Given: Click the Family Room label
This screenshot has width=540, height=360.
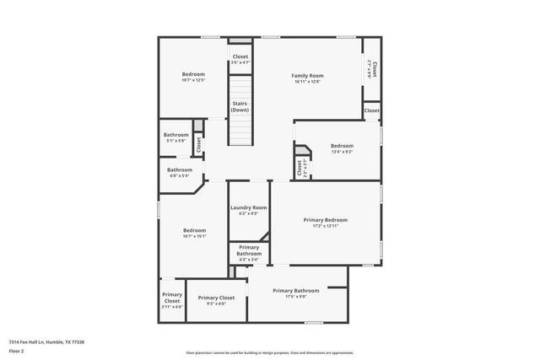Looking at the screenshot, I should tap(308, 75).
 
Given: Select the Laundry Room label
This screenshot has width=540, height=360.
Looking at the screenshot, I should tap(248, 207).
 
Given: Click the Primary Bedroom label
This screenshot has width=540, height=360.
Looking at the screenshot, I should tap(325, 219).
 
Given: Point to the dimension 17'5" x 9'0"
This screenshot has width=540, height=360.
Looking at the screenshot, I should tap(295, 296).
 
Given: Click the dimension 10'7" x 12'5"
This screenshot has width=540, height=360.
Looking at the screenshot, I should tap(193, 80).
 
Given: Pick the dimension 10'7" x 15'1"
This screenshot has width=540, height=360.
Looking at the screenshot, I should tap(194, 236).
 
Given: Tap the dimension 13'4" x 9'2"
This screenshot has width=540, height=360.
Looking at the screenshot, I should tap(341, 153).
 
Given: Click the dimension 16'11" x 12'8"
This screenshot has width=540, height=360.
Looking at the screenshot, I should tap(308, 82).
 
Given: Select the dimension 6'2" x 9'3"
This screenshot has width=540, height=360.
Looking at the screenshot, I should tap(248, 214).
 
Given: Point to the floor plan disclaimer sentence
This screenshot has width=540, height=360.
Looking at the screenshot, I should tap(270, 352).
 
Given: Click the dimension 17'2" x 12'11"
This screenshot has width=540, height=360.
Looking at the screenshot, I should tap(325, 226).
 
